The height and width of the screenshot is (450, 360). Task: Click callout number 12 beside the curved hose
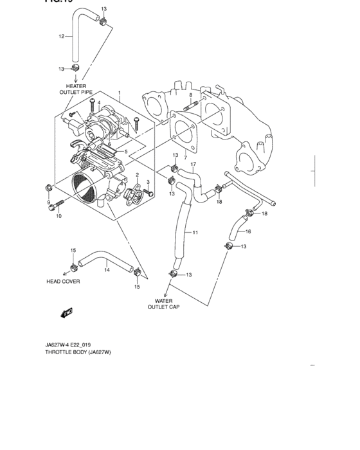point(62,37)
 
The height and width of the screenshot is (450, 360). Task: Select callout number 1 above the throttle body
point(119,93)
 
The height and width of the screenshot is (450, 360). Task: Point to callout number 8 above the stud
point(190,94)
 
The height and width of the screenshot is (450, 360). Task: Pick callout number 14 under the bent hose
point(107,271)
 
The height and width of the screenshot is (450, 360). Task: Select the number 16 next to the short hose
point(248,231)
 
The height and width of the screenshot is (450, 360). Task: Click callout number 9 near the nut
point(48,203)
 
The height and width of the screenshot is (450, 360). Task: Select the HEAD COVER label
point(63,282)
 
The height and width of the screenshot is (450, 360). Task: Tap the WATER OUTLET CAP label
point(163,304)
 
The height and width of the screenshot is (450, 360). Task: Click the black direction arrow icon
point(64,313)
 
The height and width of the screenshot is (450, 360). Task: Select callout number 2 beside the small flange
point(137,175)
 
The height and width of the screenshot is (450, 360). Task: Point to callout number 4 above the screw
point(98,102)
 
